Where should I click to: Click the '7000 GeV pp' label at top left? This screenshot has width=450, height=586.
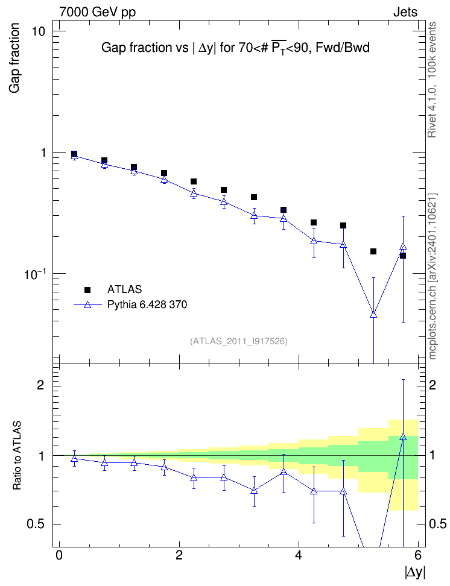[x=97, y=12]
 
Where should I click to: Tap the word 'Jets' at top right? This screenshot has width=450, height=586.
[x=405, y=12]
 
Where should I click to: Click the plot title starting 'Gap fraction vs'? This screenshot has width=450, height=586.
[x=235, y=48]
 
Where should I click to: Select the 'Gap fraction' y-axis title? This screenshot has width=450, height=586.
[x=14, y=58]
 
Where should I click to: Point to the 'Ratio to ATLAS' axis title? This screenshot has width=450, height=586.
[x=17, y=455]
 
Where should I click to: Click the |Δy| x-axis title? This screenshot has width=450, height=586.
[x=415, y=572]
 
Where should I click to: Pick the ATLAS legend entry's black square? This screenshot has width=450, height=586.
[x=87, y=289]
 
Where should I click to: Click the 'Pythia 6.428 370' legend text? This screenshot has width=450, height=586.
[x=147, y=304]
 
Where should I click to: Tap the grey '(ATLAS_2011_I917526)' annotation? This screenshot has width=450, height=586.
[x=239, y=341]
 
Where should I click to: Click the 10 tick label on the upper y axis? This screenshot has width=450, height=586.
[x=38, y=31]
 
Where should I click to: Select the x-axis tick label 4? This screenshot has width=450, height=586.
[x=299, y=555]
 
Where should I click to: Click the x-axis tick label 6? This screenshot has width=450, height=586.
[x=418, y=555]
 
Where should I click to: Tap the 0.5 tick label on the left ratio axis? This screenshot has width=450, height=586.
[x=36, y=525]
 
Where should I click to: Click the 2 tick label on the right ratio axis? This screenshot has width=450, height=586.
[x=433, y=385]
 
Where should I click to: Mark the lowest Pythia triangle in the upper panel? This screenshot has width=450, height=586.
[x=373, y=315]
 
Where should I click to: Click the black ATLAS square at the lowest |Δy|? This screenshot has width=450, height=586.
[x=74, y=154]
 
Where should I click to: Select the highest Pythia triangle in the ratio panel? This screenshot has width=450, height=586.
[x=403, y=436]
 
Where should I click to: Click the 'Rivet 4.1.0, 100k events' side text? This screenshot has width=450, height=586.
[x=432, y=80]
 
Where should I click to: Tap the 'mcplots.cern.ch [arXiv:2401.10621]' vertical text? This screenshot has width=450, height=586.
[x=433, y=277]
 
